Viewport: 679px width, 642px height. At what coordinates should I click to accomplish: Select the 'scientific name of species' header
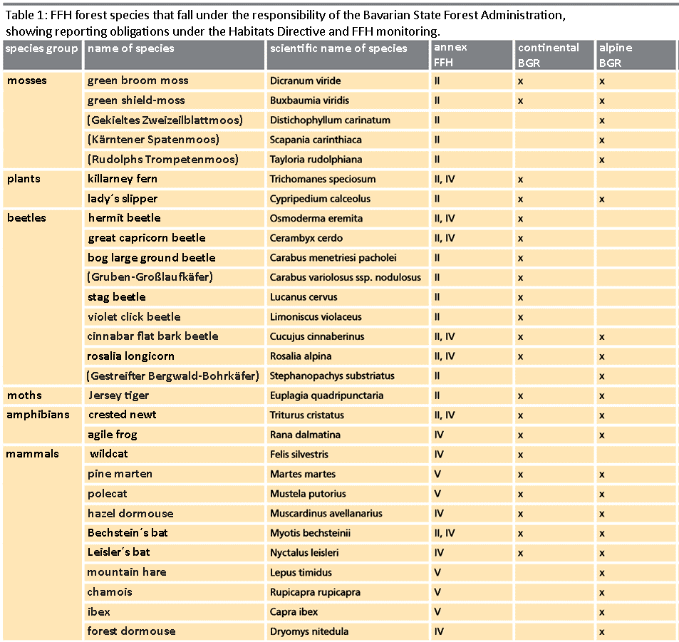pyautogui.click(x=338, y=48)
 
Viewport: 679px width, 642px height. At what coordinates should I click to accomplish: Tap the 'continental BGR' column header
pyautogui.click(x=549, y=54)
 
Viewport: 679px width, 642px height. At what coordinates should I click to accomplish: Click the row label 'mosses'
pyautogui.click(x=27, y=81)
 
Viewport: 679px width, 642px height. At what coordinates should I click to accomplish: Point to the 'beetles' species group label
pyautogui.click(x=26, y=218)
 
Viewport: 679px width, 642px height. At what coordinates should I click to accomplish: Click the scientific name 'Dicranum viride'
pyautogui.click(x=305, y=81)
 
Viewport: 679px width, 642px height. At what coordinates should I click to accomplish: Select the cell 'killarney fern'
pyautogui.click(x=122, y=179)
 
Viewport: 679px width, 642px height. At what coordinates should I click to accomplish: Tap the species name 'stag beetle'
pyautogui.click(x=117, y=297)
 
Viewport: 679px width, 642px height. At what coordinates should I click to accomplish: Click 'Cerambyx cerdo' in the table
pyautogui.click(x=306, y=238)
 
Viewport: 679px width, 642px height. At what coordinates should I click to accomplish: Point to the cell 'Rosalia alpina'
pyautogui.click(x=301, y=356)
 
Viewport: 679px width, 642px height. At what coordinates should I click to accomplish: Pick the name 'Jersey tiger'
pyautogui.click(x=118, y=395)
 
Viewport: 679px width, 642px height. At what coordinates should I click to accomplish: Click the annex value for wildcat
pyautogui.click(x=439, y=455)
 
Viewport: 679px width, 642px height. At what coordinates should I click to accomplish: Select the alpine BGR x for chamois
pyautogui.click(x=602, y=592)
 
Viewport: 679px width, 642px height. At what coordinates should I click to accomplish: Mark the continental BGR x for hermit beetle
pyautogui.click(x=521, y=219)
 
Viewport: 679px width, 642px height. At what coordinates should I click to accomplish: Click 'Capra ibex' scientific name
pyautogui.click(x=294, y=612)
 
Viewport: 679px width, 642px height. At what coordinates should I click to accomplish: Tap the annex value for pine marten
pyautogui.click(x=437, y=475)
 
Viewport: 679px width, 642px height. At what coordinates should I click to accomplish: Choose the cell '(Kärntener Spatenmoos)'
pyautogui.click(x=152, y=140)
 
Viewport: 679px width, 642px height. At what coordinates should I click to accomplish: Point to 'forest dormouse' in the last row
pyautogui.click(x=131, y=631)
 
